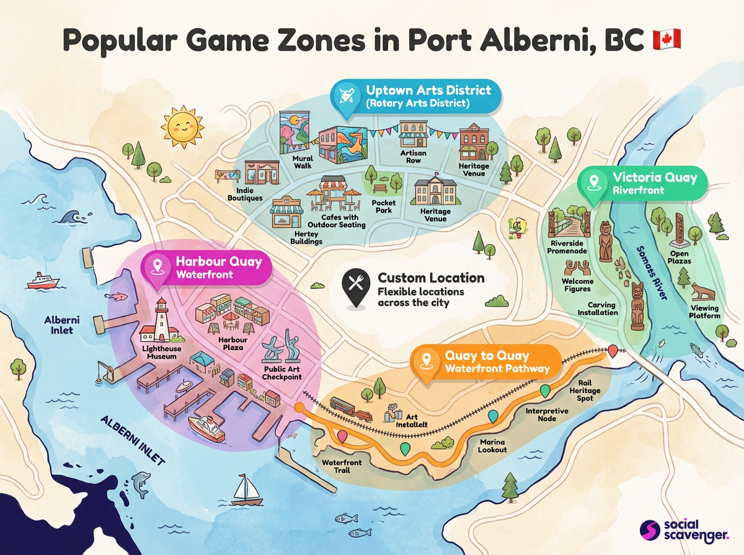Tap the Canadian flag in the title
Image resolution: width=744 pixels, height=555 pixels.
point(666,38)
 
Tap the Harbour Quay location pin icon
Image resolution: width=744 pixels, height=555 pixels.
point(157,268)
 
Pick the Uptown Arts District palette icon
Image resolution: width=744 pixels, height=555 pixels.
point(344,97)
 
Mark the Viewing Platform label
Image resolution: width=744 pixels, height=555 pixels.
point(705,312)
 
